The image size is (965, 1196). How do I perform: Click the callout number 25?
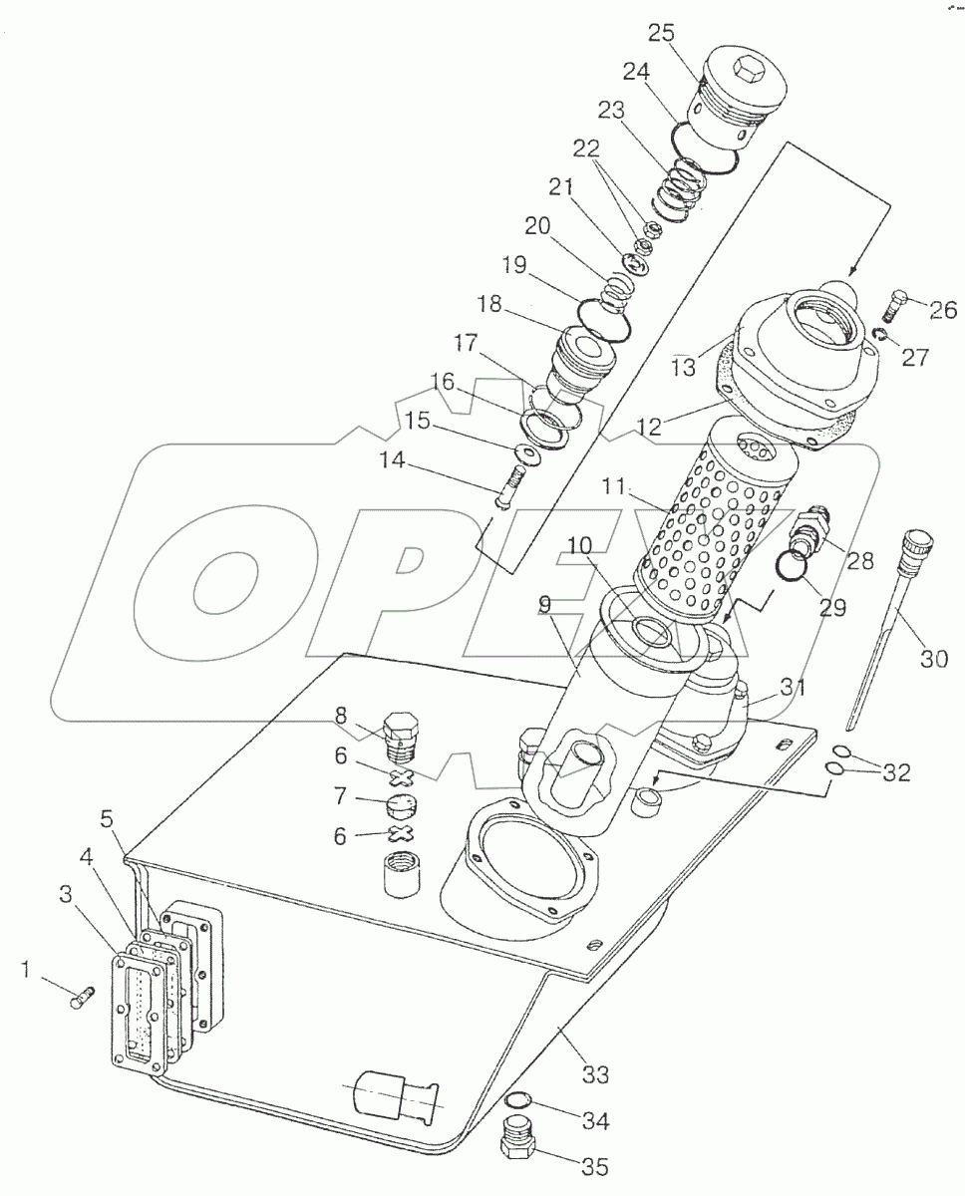(660, 33)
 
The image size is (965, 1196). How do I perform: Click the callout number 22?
(586, 149)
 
